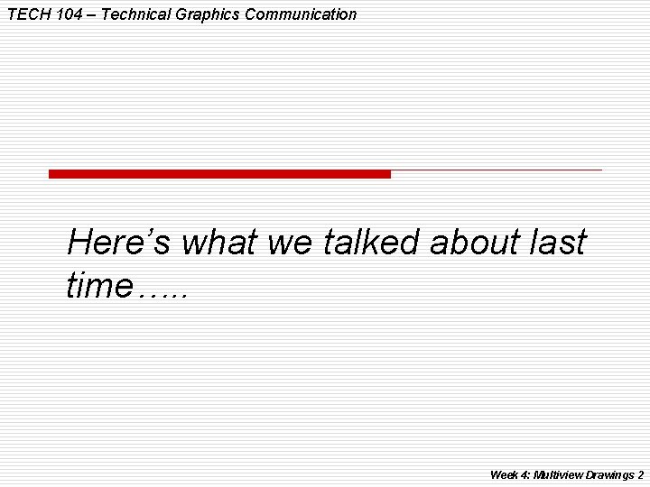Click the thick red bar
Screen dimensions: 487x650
[x=219, y=174]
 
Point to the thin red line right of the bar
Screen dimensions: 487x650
[x=497, y=170]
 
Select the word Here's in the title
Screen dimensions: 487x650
[x=120, y=242]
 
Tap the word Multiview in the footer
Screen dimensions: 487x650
[x=558, y=474]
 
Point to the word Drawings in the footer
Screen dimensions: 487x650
[x=608, y=474]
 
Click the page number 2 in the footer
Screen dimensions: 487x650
[x=640, y=474]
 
